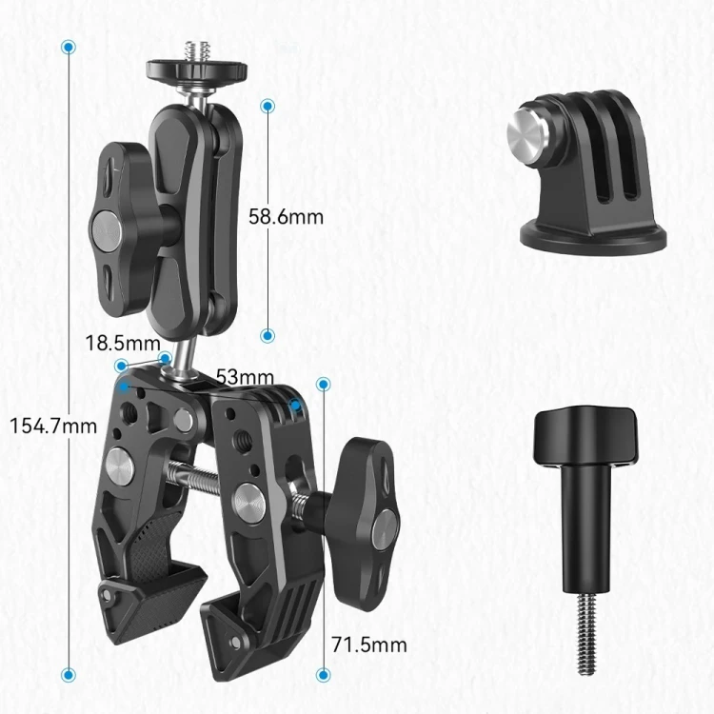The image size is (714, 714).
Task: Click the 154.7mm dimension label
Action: (x=53, y=426)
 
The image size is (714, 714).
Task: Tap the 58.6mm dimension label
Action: (x=286, y=217)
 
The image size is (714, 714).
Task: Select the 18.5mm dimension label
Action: (x=123, y=343)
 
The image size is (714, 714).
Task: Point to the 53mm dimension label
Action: (x=245, y=377)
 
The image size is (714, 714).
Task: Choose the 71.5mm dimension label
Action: (x=369, y=645)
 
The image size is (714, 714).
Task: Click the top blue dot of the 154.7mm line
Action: (x=69, y=47)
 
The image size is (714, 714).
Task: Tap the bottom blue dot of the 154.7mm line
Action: (x=69, y=674)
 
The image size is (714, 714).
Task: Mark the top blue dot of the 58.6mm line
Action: (x=268, y=106)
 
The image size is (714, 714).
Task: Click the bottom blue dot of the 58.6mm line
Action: (x=268, y=336)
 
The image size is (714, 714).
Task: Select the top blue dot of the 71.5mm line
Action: (x=324, y=385)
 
